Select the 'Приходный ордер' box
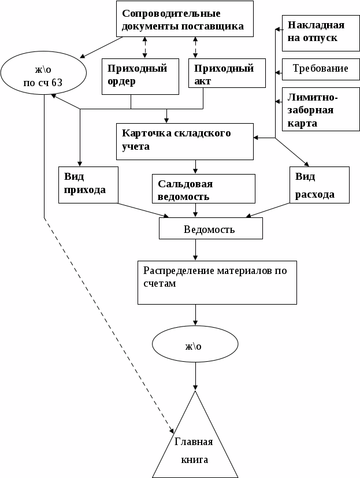pos(140,76)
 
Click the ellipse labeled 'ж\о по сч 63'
pos(43,75)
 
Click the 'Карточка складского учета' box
pos(185,140)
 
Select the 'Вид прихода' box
pos(88,185)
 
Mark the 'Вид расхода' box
pos(320,185)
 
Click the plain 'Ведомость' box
pos(210,229)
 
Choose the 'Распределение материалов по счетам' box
pos(217,282)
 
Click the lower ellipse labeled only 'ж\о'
pos(195,346)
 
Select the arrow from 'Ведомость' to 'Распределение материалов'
pos(196,249)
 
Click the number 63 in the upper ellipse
pos(57,83)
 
